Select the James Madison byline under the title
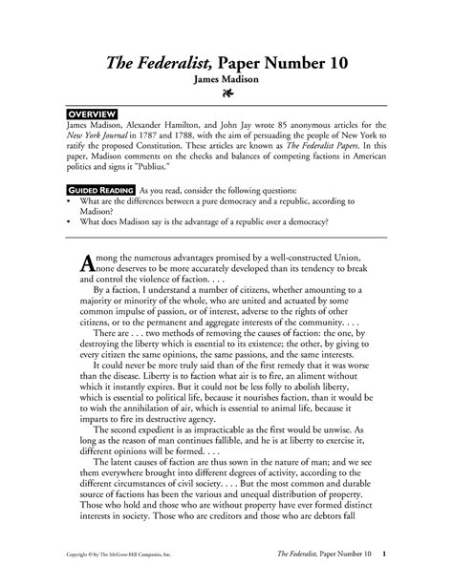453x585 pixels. (x=226, y=81)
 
